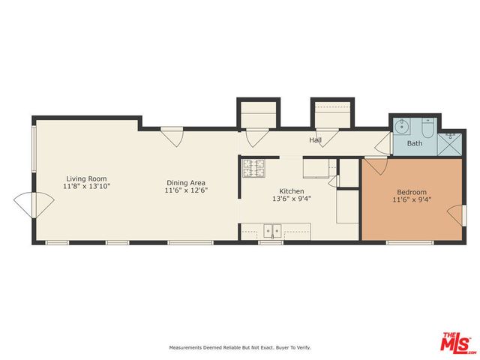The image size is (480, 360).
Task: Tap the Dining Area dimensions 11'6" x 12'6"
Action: click(185, 190)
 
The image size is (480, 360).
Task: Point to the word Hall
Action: click(316, 140)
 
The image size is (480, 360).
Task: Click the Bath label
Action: click(414, 142)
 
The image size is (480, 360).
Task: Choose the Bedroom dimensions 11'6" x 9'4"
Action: click(412, 199)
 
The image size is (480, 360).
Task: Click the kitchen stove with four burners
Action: click(253, 169)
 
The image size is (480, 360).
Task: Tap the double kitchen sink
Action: click(271, 230)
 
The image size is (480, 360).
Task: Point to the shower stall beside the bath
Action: click(452, 139)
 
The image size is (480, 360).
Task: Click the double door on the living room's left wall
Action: click(34, 202)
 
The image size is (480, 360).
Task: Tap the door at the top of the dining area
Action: click(172, 137)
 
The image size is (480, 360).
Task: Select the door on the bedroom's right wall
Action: click(456, 213)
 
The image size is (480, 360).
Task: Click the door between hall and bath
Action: click(384, 142)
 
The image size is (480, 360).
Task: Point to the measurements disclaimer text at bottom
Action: click(239, 347)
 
